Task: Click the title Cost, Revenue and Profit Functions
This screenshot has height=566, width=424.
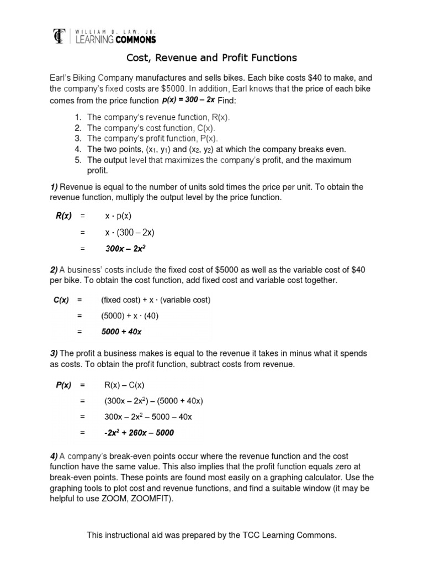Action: [212, 58]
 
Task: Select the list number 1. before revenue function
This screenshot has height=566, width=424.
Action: [78, 118]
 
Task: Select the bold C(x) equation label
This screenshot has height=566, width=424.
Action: [61, 300]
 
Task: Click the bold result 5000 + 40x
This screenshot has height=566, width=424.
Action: [121, 332]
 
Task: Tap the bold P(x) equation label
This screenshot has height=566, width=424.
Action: [63, 385]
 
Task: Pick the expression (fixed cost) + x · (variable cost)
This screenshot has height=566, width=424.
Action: [155, 300]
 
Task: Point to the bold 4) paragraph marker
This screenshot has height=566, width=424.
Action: [54, 457]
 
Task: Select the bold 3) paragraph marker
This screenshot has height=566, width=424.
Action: [54, 353]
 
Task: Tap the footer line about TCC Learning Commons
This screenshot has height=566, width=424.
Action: [212, 536]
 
